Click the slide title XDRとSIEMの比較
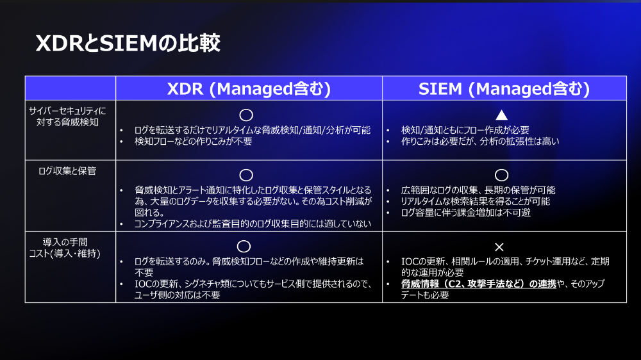pos(128,43)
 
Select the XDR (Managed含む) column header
pos(249,88)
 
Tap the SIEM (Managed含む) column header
pos(504,88)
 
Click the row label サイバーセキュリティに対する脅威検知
pos(67,117)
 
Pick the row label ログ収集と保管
pos(67,171)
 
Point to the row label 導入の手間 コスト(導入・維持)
pos(65,248)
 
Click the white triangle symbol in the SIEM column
pos(502,115)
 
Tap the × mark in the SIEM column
pos(499,247)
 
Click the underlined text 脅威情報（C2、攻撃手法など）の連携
pos(479,284)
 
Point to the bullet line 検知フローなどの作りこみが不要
pos(194,142)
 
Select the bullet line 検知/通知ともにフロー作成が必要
pos(465,130)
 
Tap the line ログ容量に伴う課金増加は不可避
pos(465,213)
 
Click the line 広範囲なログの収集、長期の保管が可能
pos(478,190)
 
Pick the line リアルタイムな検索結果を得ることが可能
pos(476,201)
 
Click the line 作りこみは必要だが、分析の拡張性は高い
pos(480,142)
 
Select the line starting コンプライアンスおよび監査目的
pos(253,224)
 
